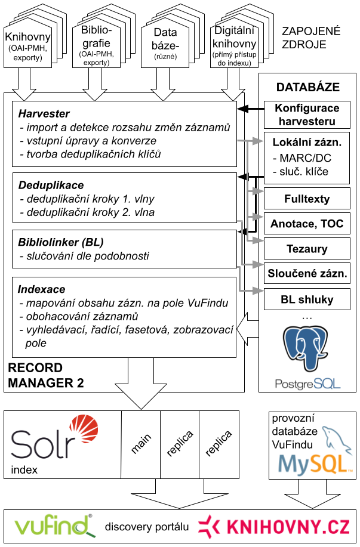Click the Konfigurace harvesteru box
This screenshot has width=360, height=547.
point(307,115)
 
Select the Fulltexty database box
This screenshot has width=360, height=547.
point(307,199)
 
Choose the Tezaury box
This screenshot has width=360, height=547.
point(307,248)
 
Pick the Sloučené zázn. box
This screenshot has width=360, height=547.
point(307,273)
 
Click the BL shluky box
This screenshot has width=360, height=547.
point(307,299)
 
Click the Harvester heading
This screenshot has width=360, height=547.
point(44,113)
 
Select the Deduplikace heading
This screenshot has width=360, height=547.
point(51,185)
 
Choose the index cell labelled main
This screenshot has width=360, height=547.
point(141,444)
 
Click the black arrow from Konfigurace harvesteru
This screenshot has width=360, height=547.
point(251,109)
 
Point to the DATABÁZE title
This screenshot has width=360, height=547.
point(307,87)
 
